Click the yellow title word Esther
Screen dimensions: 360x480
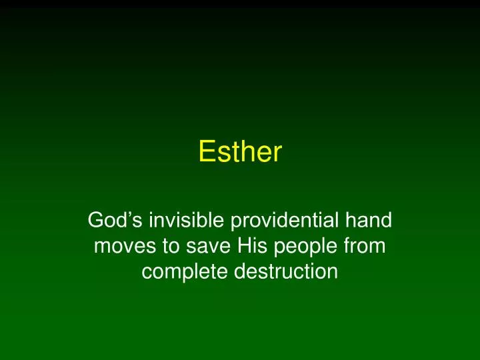click(240, 152)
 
